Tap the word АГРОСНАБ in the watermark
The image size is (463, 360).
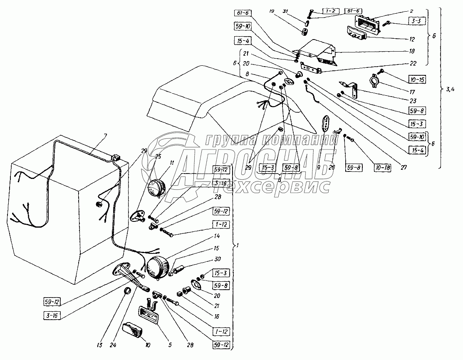tap(258, 160)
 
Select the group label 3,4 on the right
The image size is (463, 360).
tap(451, 88)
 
